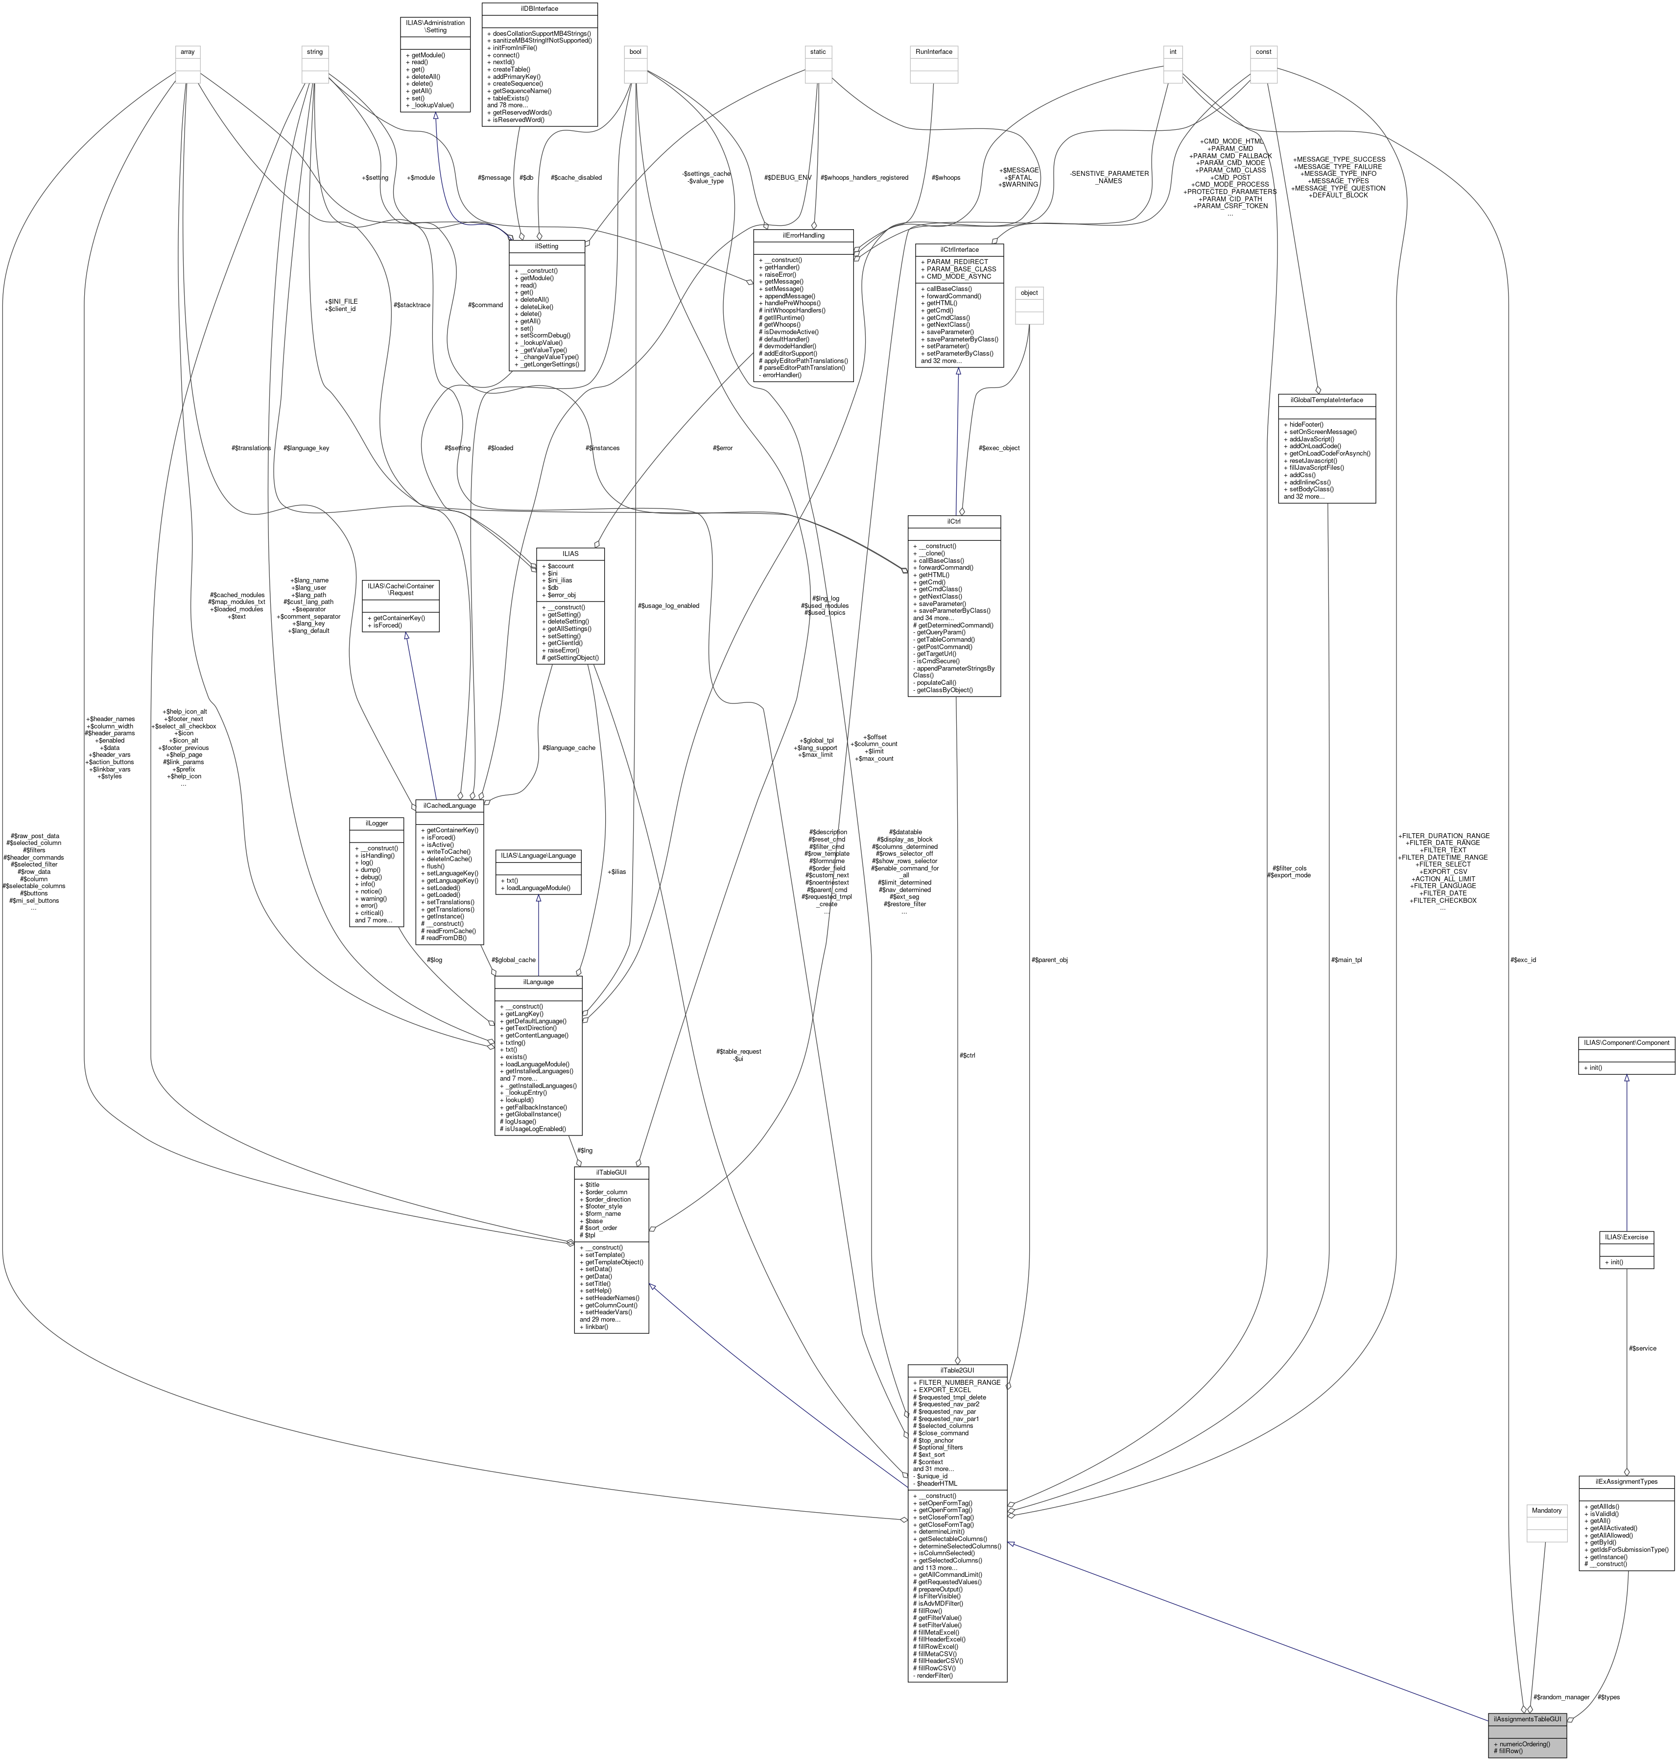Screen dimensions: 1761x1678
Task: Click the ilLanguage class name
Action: (x=539, y=982)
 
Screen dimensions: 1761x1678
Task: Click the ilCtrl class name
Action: (x=953, y=521)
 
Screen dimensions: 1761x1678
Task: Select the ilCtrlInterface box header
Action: (x=959, y=250)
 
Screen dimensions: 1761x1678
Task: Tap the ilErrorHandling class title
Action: (x=803, y=235)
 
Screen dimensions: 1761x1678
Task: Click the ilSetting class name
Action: (x=546, y=246)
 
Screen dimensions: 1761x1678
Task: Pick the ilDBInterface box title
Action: (x=540, y=8)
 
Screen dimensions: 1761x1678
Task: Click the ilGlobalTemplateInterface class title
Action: (x=1326, y=400)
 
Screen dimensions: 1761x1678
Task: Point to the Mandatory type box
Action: (x=1546, y=1511)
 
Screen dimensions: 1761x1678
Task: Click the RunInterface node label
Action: (x=934, y=52)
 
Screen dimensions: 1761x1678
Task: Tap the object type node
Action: (x=1030, y=292)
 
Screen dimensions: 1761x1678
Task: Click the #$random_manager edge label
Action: (x=1561, y=1696)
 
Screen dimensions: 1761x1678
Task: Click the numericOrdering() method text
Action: (x=1526, y=1744)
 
